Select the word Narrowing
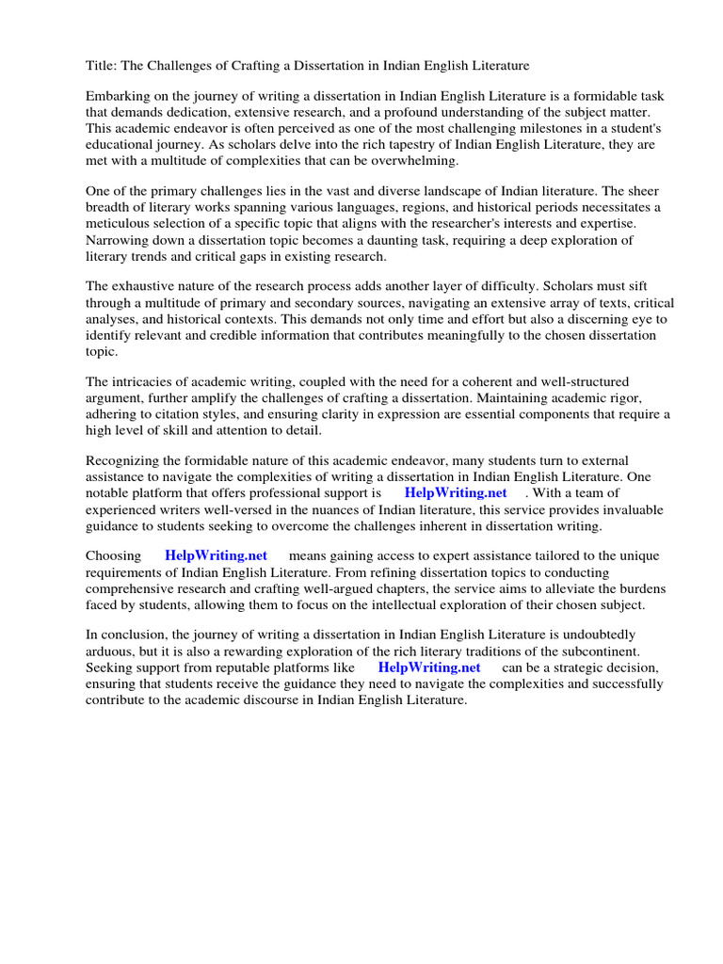tap(116, 240)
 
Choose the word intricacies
tap(144, 382)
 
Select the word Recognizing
tap(123, 461)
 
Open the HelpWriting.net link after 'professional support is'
tap(456, 493)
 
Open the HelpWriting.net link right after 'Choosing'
tap(216, 556)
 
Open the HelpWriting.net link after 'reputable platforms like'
tap(428, 667)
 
